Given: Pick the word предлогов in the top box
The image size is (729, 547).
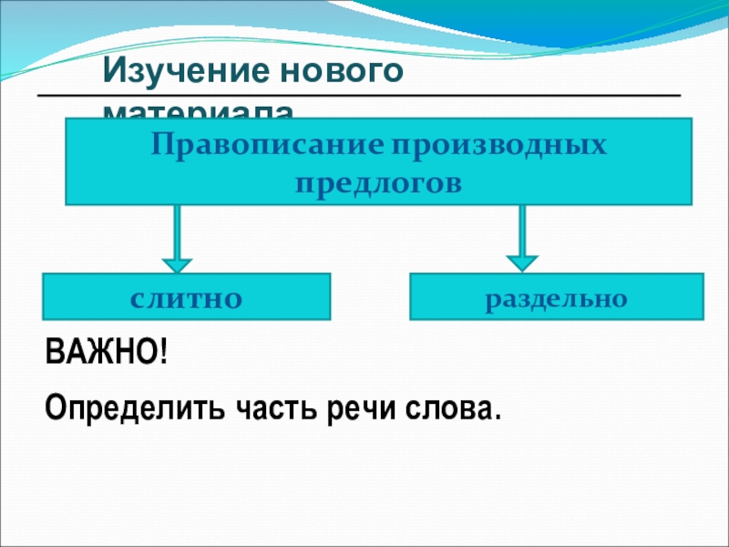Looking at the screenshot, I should coord(378,181).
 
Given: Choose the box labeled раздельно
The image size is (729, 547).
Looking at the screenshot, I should coord(557,296).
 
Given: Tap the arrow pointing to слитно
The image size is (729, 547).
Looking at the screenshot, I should coord(177,237).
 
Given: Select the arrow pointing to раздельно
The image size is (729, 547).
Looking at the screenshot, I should coord(521,237).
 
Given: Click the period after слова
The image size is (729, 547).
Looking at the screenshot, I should coord(497,416).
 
